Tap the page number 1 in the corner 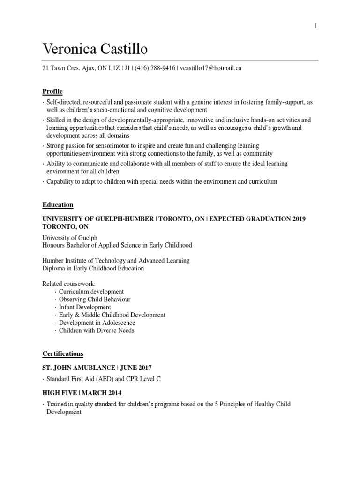(316, 26)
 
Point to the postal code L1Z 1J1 (120, 68)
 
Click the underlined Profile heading (52, 91)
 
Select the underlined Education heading (58, 205)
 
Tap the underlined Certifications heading (63, 353)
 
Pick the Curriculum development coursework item (91, 292)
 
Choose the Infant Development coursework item (85, 307)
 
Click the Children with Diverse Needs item (97, 330)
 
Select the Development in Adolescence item (97, 322)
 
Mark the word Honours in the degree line (55, 245)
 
